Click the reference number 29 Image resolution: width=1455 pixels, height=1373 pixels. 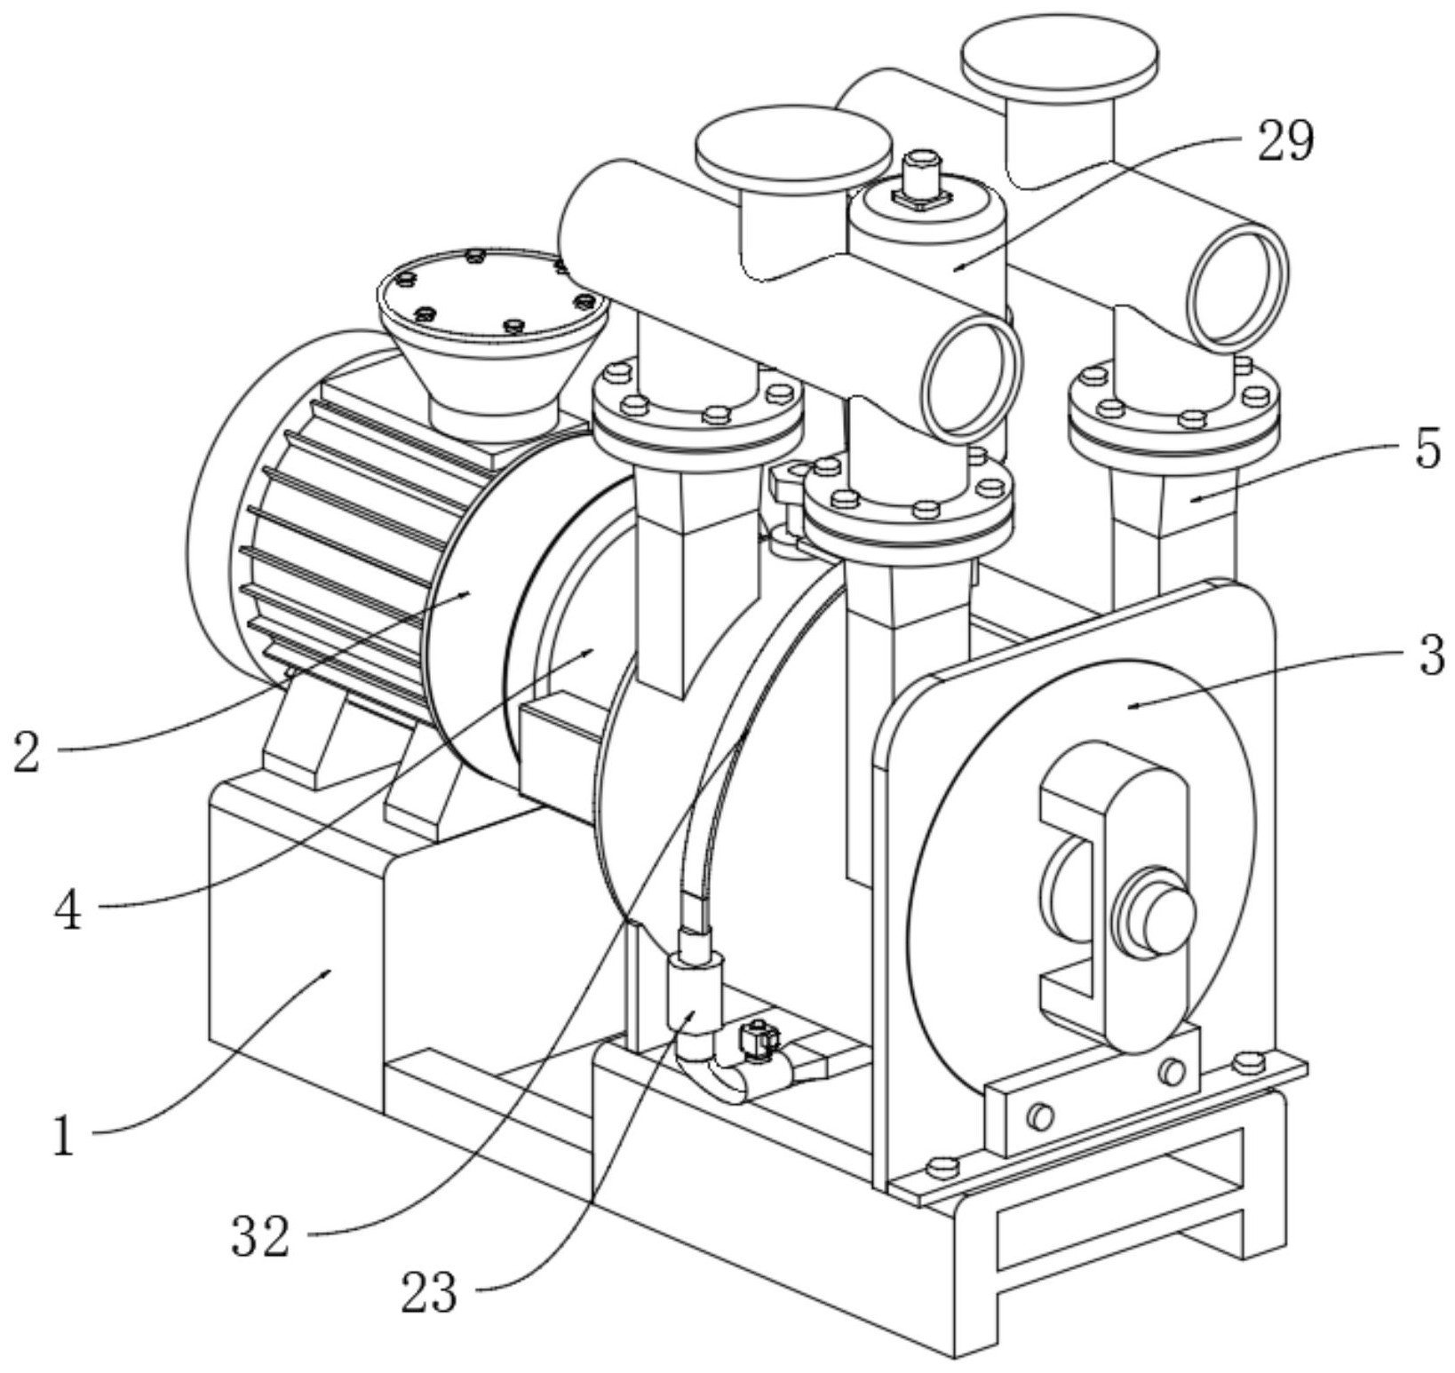[x=1284, y=141]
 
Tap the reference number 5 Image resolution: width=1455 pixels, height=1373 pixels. [x=1427, y=448]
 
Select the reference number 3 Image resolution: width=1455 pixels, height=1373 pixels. [x=1429, y=656]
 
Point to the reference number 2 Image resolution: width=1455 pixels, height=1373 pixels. [x=28, y=751]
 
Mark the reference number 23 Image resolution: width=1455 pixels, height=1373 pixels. [x=429, y=1292]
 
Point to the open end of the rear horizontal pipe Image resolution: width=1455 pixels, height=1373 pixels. [x=1237, y=284]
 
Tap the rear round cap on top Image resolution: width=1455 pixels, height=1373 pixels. [x=1061, y=56]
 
